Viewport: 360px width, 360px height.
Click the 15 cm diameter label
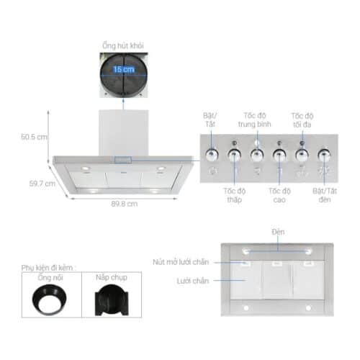(123, 70)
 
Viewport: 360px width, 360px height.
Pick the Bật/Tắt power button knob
(212, 153)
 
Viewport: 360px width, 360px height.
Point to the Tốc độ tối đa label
(302, 120)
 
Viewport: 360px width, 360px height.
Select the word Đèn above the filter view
(278, 232)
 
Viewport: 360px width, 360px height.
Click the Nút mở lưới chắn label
(186, 262)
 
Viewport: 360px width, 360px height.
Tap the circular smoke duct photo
(123, 73)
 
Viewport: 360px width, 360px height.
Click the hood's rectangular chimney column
(123, 133)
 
